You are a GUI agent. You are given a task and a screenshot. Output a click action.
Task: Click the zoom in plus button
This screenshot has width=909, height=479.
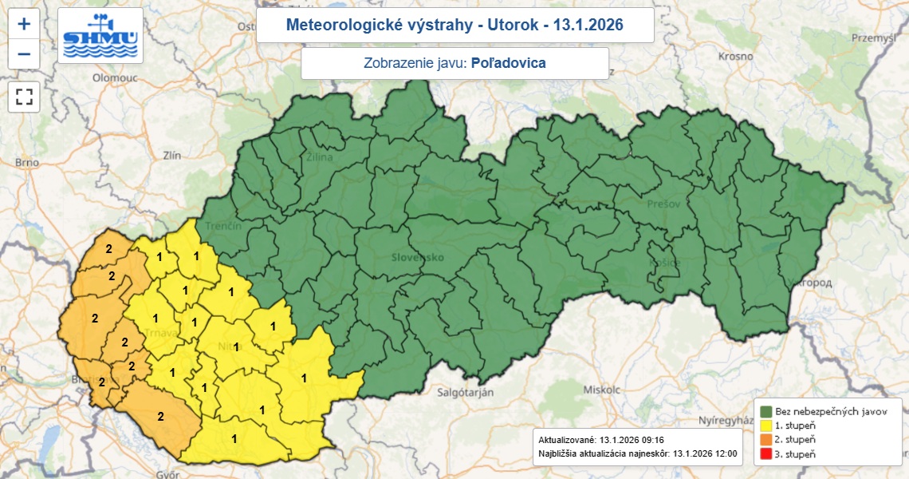click(x=24, y=24)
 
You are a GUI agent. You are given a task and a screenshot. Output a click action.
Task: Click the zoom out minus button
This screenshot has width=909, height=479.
click(x=24, y=53)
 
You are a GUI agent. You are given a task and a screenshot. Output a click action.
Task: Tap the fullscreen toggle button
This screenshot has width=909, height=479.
click(x=24, y=97)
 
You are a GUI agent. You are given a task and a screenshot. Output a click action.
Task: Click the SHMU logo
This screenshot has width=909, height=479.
click(x=101, y=36)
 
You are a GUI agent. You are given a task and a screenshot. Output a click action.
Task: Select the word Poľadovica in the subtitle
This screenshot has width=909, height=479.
click(x=509, y=63)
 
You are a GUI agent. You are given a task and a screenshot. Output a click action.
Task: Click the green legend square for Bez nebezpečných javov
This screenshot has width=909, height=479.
click(x=765, y=410)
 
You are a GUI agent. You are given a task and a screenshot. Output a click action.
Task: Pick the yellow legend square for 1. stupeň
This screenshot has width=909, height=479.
click(x=765, y=425)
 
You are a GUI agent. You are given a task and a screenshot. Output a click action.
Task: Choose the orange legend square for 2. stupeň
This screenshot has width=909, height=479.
click(x=765, y=439)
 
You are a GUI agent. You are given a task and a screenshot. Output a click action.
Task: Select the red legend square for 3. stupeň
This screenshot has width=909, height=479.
click(x=765, y=453)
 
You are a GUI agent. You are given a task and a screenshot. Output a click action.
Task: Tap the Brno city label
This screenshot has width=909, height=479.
click(x=26, y=162)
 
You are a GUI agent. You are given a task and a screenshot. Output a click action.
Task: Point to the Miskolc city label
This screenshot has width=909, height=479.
click(x=601, y=390)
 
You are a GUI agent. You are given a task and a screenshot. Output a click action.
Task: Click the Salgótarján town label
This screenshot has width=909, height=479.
click(x=466, y=392)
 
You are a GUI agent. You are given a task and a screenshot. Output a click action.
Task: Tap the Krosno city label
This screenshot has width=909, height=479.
click(x=735, y=57)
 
